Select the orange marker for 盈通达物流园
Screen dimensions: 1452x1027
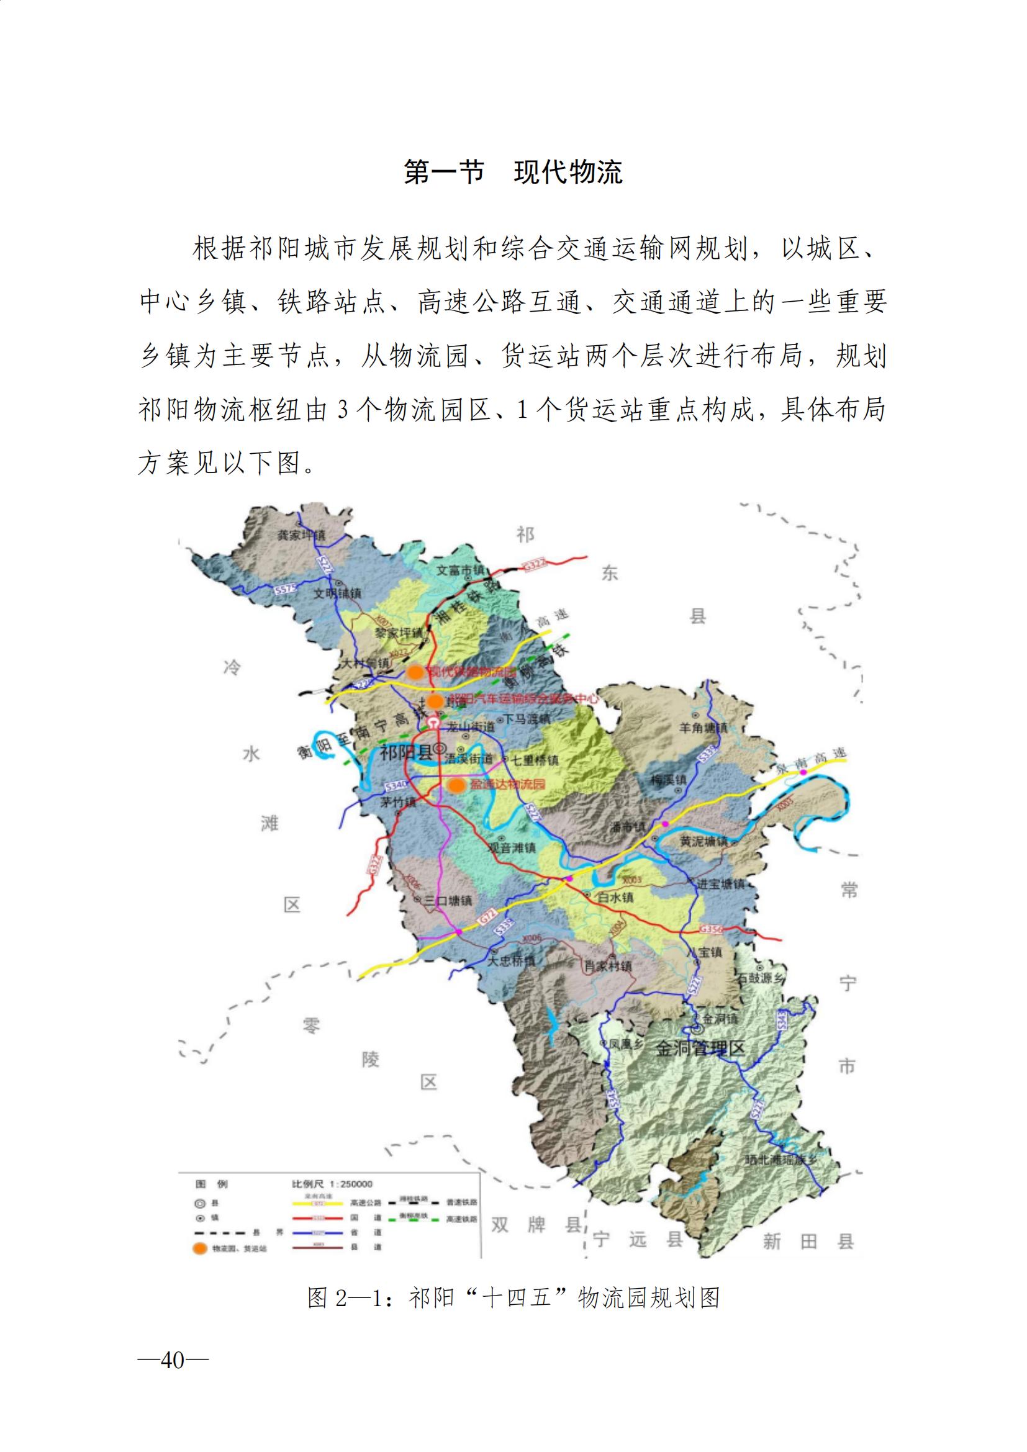click(456, 785)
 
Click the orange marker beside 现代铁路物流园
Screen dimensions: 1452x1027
click(415, 672)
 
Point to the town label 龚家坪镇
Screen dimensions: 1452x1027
click(302, 535)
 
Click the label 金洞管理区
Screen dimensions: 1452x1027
click(699, 1048)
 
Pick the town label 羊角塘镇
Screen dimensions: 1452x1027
click(703, 728)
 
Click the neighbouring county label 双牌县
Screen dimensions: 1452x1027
click(536, 1225)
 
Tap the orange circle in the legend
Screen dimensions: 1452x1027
click(200, 1248)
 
